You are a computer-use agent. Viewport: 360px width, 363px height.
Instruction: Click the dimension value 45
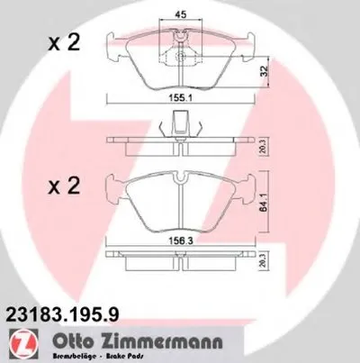179,14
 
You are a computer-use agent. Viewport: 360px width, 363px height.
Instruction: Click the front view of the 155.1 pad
144,59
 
